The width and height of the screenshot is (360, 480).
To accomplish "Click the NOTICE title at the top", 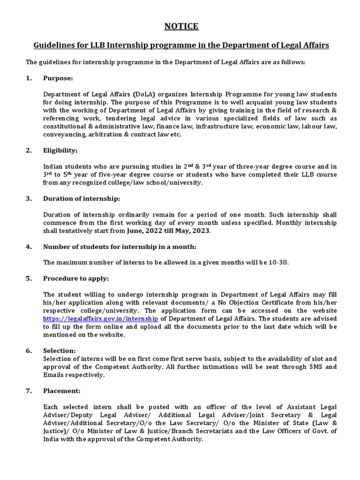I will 181,27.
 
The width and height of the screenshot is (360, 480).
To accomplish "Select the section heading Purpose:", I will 58,78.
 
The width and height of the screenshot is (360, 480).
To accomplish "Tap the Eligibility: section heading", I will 61,150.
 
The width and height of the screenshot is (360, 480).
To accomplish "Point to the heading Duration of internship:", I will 82,198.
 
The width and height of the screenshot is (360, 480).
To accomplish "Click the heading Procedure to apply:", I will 76,278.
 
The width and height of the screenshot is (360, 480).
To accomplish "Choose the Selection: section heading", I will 59,351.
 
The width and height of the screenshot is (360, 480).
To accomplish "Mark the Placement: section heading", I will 62,391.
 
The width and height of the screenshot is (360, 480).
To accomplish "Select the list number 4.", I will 29,247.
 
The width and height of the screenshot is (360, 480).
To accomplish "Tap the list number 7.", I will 29,391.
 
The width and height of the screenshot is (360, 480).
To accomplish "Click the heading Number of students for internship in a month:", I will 120,247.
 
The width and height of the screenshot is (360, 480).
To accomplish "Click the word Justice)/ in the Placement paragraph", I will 57,431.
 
